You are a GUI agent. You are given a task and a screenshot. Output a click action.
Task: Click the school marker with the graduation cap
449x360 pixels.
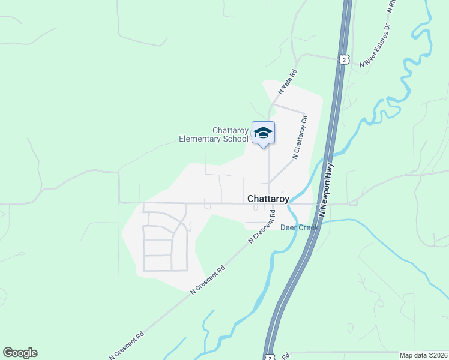click(263, 133)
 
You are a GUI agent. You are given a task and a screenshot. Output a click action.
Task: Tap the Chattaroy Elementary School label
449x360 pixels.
click(214, 134)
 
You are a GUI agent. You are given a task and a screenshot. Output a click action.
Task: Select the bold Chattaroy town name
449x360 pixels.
click(268, 198)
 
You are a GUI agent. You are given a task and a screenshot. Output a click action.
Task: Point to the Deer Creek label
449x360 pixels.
click(300, 227)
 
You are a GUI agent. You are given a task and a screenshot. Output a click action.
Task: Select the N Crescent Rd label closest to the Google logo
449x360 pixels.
click(127, 343)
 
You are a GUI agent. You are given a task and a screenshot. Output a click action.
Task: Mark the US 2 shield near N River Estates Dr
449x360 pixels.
click(343, 59)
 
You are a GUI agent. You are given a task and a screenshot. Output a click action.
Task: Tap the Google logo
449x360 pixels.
click(20, 353)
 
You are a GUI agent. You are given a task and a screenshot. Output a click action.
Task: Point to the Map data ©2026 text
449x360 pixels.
click(423, 355)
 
